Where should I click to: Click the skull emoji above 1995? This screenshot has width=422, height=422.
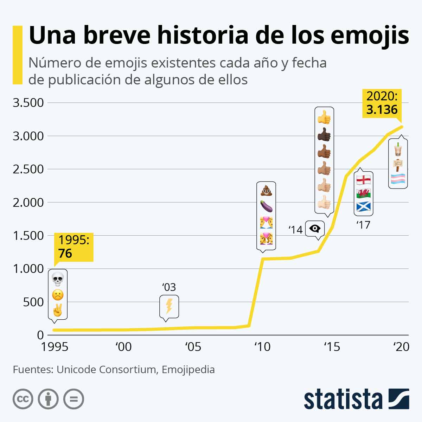(58, 279)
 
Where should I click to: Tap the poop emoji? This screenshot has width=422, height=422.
(266, 190)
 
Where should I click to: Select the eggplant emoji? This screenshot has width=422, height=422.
(266, 206)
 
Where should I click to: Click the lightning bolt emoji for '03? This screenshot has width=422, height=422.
(169, 306)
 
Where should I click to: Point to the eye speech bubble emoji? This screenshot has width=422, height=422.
(315, 229)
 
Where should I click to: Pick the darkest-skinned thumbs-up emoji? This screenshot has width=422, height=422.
(324, 134)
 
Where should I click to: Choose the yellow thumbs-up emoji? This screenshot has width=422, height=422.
(324, 117)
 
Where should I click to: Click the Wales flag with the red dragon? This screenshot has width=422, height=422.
(363, 193)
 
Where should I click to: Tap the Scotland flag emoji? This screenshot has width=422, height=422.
(363, 206)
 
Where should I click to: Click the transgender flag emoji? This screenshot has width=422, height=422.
(398, 179)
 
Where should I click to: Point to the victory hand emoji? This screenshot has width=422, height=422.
(58, 311)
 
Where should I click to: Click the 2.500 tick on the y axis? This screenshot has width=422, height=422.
(28, 169)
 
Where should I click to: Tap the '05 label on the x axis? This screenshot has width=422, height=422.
(193, 347)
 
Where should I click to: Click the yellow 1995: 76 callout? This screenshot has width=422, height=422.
(73, 247)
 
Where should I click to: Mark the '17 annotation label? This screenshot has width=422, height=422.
(363, 224)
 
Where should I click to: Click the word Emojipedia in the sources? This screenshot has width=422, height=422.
(188, 370)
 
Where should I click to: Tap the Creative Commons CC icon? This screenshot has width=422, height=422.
(23, 399)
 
